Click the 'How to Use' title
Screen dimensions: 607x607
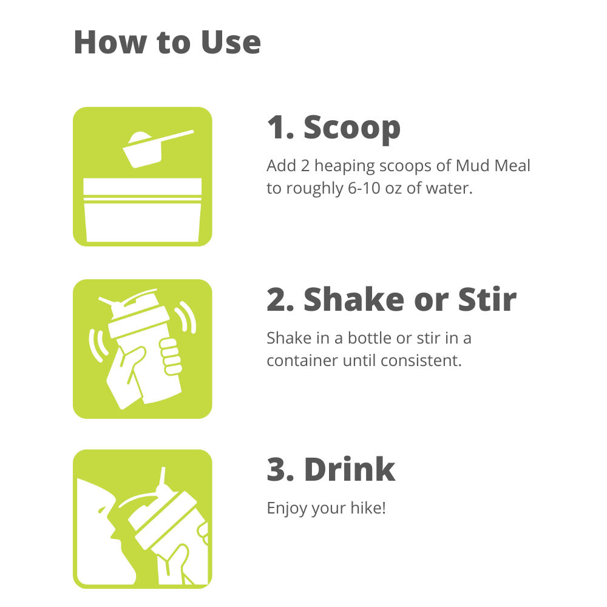(168, 42)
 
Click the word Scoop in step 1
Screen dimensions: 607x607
(352, 128)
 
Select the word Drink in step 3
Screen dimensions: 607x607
(350, 469)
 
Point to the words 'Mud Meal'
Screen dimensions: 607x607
(492, 165)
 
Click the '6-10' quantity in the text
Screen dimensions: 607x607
(364, 188)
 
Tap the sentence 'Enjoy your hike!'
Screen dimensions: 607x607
(327, 508)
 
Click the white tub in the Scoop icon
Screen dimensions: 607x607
(143, 210)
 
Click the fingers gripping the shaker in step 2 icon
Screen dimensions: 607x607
(171, 356)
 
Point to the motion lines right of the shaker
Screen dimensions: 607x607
(186, 317)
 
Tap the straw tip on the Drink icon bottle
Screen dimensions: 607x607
(163, 469)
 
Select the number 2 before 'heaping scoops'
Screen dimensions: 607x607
(305, 166)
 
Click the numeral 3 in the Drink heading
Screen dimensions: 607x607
(276, 469)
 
